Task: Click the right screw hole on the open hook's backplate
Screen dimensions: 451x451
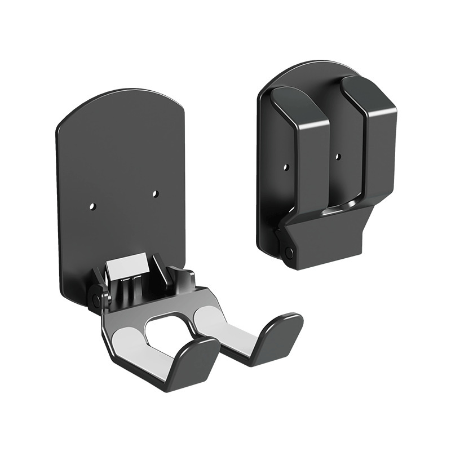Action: click(x=155, y=193)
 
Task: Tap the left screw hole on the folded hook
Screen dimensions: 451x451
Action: click(x=286, y=167)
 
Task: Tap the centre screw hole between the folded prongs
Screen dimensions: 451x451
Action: click(x=338, y=156)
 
